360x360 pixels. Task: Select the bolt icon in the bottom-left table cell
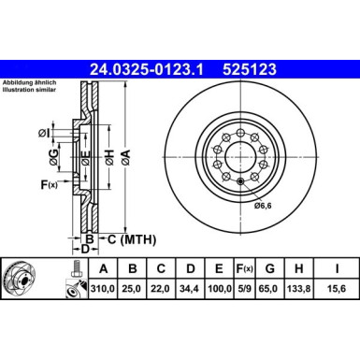tap(72, 270)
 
